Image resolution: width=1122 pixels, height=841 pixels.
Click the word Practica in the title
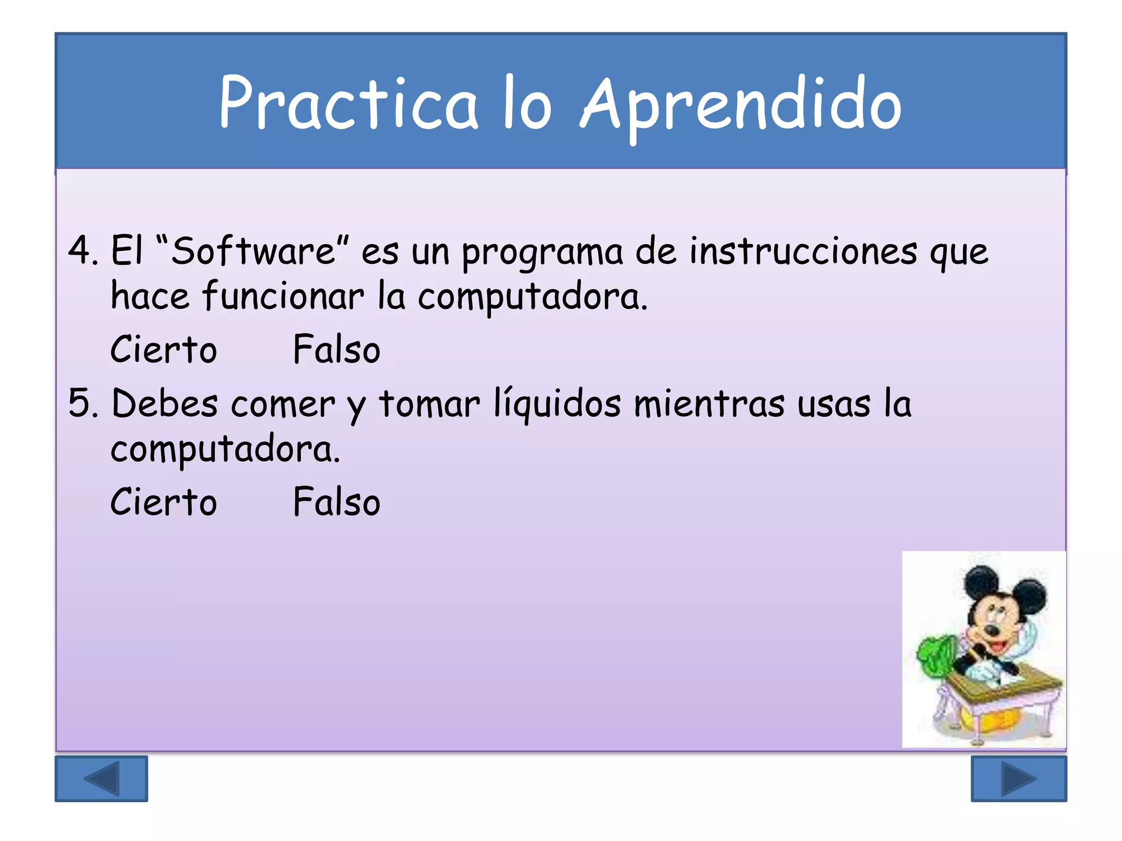coord(348,104)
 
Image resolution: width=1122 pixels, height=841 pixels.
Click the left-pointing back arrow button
coord(101,779)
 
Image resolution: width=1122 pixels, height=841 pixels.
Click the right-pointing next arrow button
coord(1018,779)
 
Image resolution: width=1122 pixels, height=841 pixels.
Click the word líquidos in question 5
coord(557,404)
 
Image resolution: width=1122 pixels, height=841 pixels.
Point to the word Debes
coord(164,404)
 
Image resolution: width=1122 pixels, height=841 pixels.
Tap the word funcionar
coord(283,296)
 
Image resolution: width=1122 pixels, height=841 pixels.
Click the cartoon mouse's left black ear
coord(981,583)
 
